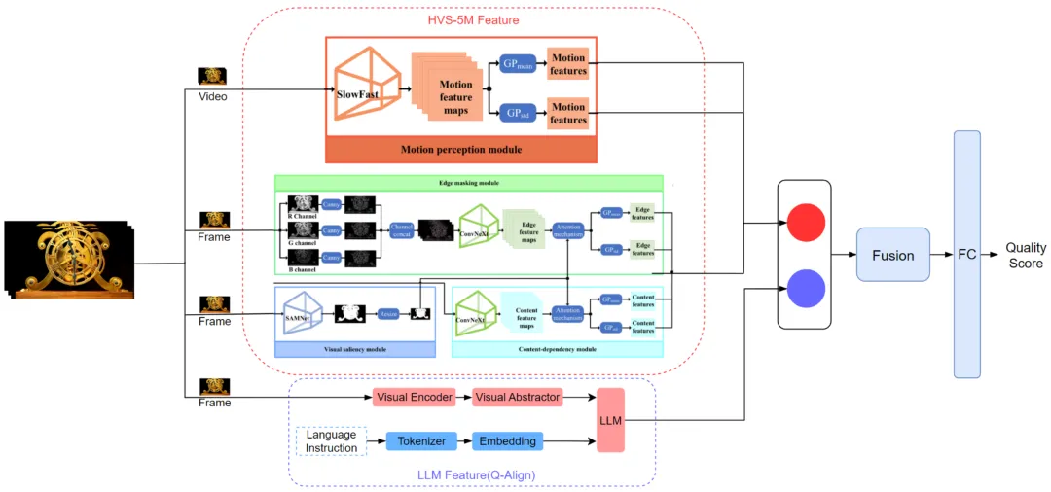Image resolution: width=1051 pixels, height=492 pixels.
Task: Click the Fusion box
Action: [x=892, y=256]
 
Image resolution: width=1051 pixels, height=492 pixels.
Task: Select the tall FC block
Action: [x=967, y=254]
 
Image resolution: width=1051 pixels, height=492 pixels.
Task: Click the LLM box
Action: [x=610, y=419]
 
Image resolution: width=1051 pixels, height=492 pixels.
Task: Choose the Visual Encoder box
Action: [x=414, y=397]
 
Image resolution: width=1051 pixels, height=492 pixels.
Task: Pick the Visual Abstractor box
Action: [x=517, y=397]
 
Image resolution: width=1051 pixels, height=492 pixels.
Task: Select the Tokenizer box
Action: [x=421, y=441]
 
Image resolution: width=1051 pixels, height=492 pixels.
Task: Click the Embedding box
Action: [x=507, y=441]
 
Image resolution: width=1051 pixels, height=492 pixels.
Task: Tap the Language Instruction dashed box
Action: [x=331, y=441]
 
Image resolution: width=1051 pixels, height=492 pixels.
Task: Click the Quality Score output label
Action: [x=1025, y=256]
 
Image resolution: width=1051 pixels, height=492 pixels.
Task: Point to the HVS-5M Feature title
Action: [x=473, y=20]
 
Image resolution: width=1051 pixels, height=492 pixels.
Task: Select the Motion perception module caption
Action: [x=460, y=150]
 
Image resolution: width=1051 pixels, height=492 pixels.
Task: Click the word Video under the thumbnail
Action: [x=212, y=97]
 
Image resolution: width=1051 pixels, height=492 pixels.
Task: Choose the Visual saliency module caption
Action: [x=354, y=349]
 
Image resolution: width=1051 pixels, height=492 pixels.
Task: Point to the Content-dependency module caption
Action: [x=558, y=349]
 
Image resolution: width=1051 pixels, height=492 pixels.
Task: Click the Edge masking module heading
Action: [x=468, y=182]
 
